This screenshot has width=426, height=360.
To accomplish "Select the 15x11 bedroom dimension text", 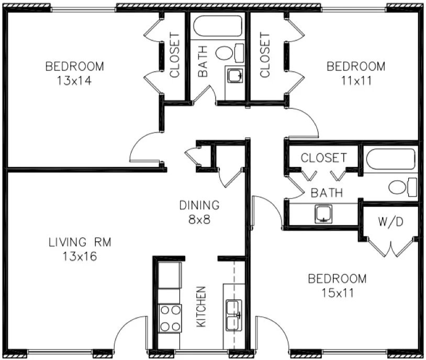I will pyautogui.click(x=337, y=292).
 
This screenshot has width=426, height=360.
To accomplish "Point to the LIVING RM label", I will pyautogui.click(x=80, y=242).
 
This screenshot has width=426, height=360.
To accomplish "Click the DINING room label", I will pyautogui.click(x=199, y=205).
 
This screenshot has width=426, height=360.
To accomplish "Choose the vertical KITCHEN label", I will pyautogui.click(x=201, y=307).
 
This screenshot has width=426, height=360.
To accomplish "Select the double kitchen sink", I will pyautogui.click(x=233, y=316).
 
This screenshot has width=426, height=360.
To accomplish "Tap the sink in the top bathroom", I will pyautogui.click(x=234, y=76).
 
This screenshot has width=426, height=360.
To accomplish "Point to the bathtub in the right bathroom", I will pyautogui.click(x=390, y=159).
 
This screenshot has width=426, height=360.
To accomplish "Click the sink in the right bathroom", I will pyautogui.click(x=324, y=215).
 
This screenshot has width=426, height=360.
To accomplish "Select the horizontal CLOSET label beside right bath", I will pyautogui.click(x=323, y=157).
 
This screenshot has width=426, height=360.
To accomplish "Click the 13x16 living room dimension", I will pyautogui.click(x=80, y=256).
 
